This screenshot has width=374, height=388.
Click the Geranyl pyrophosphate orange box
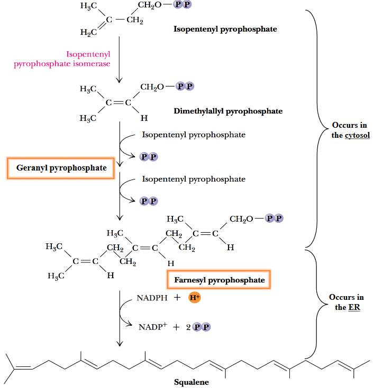click(60, 168)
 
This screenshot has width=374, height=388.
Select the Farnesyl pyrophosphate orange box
click(219, 280)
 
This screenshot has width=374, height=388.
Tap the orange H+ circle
click(194, 298)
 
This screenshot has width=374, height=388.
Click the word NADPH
click(152, 298)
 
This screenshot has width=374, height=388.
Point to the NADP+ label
click(152, 327)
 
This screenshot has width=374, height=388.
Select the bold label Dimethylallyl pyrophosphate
click(228, 111)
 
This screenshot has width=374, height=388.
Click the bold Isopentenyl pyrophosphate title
click(225, 29)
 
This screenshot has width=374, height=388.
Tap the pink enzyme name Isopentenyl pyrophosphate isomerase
click(62, 59)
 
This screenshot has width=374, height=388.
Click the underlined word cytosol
click(357, 135)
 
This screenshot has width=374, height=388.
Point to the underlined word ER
click(354, 307)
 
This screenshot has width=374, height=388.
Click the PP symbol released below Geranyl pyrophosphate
click(149, 201)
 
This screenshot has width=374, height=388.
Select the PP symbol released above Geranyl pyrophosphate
click(149, 157)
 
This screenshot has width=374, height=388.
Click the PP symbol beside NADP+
click(200, 327)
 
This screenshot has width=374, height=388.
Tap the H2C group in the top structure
click(89, 33)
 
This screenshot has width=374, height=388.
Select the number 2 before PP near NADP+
click(187, 327)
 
